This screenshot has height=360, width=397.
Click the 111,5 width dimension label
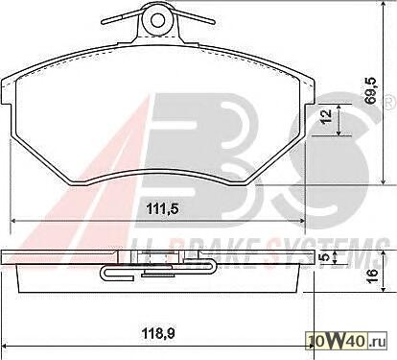click(161, 209)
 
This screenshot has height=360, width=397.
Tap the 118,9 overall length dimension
click(158, 334)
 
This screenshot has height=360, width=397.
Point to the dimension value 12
click(325, 118)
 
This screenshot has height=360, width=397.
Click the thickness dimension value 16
click(372, 276)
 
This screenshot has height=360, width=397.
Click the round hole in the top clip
click(157, 20)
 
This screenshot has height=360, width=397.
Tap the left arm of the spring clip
click(123, 18)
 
